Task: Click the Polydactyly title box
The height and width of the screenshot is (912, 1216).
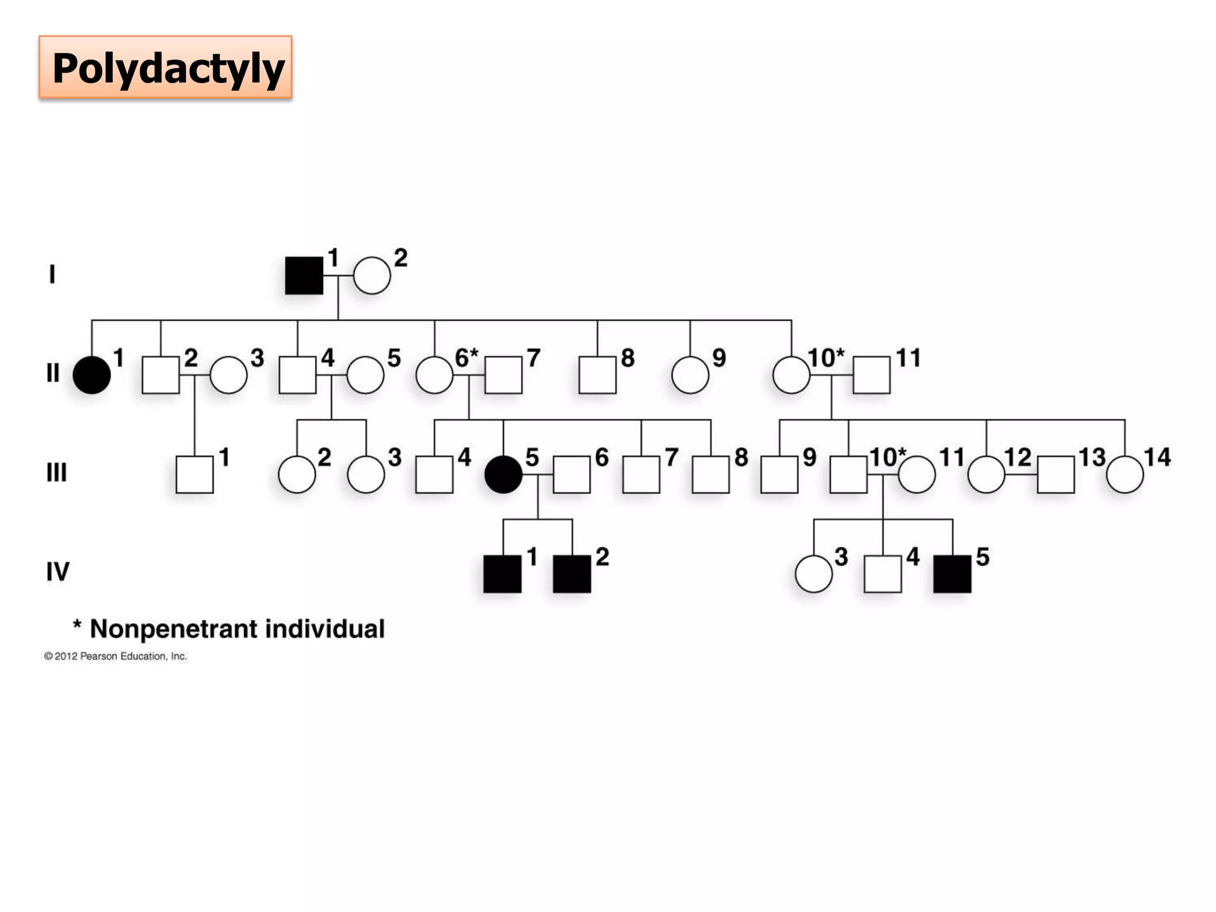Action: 166,67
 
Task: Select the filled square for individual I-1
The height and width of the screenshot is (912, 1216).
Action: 304,275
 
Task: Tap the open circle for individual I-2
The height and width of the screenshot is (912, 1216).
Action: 372,275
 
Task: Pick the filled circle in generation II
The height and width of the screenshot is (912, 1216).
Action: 91,375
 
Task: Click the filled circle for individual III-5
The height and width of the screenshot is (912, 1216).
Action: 503,474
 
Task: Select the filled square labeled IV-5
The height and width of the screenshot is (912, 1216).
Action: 952,574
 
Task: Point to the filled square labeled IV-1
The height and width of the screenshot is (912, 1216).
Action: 502,574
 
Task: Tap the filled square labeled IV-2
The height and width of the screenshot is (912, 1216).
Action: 572,574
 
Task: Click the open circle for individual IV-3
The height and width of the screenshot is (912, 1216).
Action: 813,574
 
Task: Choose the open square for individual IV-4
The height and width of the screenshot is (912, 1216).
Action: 883,574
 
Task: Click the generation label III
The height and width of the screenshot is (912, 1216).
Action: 57,473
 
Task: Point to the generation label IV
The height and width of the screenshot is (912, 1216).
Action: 58,572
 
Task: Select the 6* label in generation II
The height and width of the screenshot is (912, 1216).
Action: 466,358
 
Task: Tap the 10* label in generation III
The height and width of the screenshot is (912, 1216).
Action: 888,458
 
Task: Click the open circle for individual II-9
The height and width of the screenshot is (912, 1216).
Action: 690,375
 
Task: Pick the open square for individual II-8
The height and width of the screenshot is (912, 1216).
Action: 597,375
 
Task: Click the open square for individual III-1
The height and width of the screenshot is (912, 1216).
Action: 195,474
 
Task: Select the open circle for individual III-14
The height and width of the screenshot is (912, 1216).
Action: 1125,474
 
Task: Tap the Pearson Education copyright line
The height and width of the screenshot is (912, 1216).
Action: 116,656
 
